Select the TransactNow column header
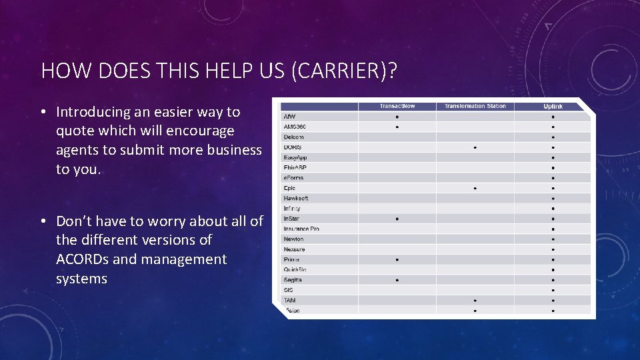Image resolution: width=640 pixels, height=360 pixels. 397,107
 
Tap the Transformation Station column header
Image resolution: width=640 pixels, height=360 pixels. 475,107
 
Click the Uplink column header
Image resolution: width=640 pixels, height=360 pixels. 553,107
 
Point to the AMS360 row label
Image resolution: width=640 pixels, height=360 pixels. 295,127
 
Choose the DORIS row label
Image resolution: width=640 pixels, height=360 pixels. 293,147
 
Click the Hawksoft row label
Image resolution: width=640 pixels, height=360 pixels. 296,198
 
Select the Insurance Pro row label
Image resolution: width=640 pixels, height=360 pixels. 301,229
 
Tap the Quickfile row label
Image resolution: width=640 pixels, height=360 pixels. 295,269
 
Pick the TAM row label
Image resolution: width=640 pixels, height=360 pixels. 290,300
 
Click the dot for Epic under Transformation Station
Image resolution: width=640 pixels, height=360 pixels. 475,188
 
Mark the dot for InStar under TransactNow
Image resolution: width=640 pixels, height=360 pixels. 397,219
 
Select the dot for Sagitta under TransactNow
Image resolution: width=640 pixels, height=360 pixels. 397,280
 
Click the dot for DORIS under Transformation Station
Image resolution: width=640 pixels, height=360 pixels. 475,147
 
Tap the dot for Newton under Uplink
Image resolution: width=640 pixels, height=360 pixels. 553,239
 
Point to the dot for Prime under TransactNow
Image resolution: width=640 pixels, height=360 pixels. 397,259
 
